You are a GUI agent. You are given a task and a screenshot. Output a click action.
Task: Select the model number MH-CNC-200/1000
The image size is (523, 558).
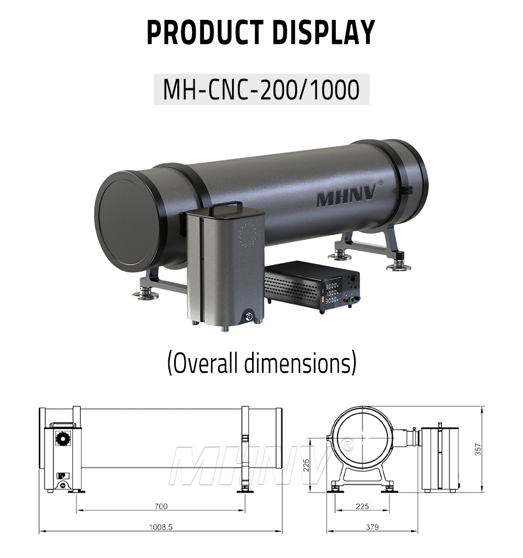pos(261,89)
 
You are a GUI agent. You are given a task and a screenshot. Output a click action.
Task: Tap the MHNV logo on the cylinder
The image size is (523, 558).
pos(346,198)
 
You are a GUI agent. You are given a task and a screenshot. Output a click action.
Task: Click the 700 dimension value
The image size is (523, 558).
pos(161,506)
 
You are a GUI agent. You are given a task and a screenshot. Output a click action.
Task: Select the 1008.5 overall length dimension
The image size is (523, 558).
pos(160,527)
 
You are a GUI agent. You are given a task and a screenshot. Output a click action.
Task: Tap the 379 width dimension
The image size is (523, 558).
pos(372,527)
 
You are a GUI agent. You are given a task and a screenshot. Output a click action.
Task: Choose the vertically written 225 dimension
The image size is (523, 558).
pos(307,464)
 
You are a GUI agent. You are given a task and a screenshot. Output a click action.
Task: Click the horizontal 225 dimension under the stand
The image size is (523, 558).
pos(362,506)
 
